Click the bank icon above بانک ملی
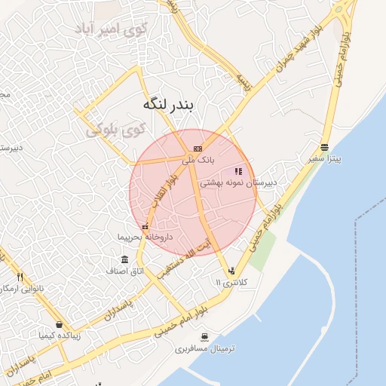coord(198,149)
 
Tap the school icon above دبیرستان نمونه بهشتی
coord(239,171)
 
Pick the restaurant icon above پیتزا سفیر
coord(324,147)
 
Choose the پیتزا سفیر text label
coord(325,160)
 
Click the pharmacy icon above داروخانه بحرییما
coord(145,226)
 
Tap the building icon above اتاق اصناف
coord(124,259)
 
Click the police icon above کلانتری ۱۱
coord(231,270)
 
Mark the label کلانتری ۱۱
coord(231,282)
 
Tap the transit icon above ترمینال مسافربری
coord(205,337)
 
